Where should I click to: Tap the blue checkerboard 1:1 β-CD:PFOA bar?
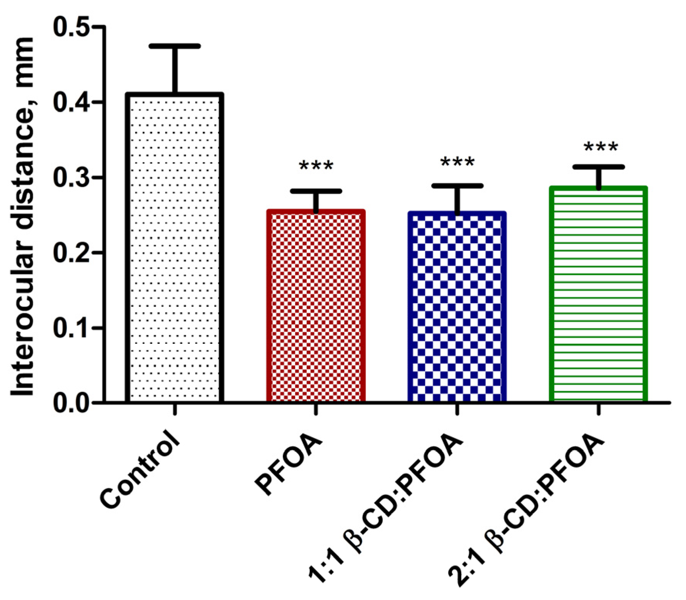pos(457,307)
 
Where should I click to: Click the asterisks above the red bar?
pos(316,166)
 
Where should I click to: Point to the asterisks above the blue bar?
pos(457,162)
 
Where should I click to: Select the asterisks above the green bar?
pos(600,147)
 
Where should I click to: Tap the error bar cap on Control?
pos(175,46)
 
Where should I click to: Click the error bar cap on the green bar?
pos(598,167)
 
